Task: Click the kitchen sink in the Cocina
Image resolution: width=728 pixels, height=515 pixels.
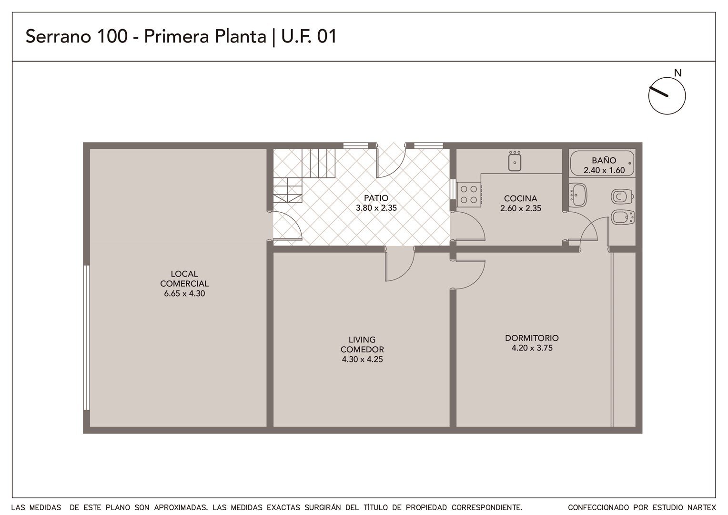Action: pyautogui.click(x=515, y=161)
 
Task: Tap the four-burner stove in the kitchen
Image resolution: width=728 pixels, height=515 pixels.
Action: pyautogui.click(x=469, y=195)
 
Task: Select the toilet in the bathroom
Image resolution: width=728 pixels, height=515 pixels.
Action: pyautogui.click(x=622, y=196)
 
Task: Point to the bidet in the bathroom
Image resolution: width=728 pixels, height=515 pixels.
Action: pyautogui.click(x=622, y=217)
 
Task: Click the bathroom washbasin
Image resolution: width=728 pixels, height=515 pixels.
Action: pyautogui.click(x=577, y=195)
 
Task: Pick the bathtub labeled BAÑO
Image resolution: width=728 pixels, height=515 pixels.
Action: pyautogui.click(x=602, y=164)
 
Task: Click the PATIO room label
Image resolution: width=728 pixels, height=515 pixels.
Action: pyautogui.click(x=376, y=198)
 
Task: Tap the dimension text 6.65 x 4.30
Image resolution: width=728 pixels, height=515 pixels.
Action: pyautogui.click(x=184, y=293)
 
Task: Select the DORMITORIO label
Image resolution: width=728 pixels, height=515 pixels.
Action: pyautogui.click(x=532, y=338)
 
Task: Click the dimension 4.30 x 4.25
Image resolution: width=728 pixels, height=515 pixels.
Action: pyautogui.click(x=362, y=360)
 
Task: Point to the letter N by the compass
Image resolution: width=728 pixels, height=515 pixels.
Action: pyautogui.click(x=677, y=73)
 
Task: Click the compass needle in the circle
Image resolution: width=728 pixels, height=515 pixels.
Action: pyautogui.click(x=658, y=92)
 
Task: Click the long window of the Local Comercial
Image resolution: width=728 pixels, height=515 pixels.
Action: pyautogui.click(x=86, y=338)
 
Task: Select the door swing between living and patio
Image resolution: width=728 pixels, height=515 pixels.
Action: pyautogui.click(x=400, y=264)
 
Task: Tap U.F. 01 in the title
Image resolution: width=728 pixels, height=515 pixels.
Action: pyautogui.click(x=309, y=36)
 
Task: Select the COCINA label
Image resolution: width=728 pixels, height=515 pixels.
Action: pyautogui.click(x=520, y=198)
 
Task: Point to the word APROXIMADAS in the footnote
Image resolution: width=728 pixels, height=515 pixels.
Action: pyautogui.click(x=181, y=507)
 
